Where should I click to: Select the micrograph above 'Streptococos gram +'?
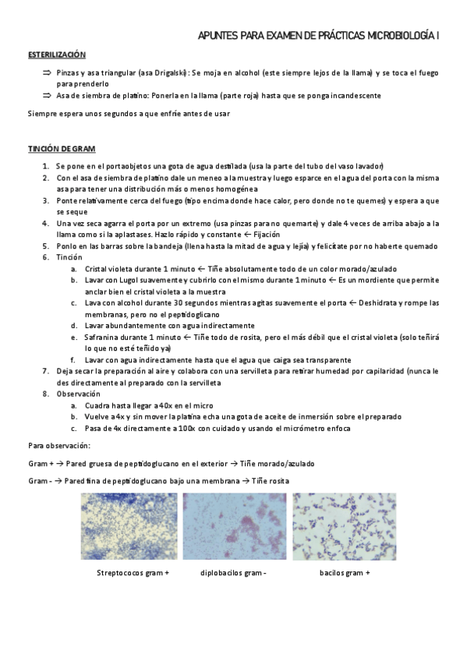[x=129, y=526]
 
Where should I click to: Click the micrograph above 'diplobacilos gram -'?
[x=235, y=526]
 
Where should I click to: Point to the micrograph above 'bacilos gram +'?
[x=344, y=526]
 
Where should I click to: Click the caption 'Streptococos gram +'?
[x=133, y=573]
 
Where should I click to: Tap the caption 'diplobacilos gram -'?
[x=233, y=573]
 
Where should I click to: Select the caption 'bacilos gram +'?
[x=345, y=573]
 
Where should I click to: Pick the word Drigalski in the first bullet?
[x=165, y=72]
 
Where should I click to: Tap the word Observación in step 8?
[x=78, y=394]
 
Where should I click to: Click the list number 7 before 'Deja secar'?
[x=45, y=371]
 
